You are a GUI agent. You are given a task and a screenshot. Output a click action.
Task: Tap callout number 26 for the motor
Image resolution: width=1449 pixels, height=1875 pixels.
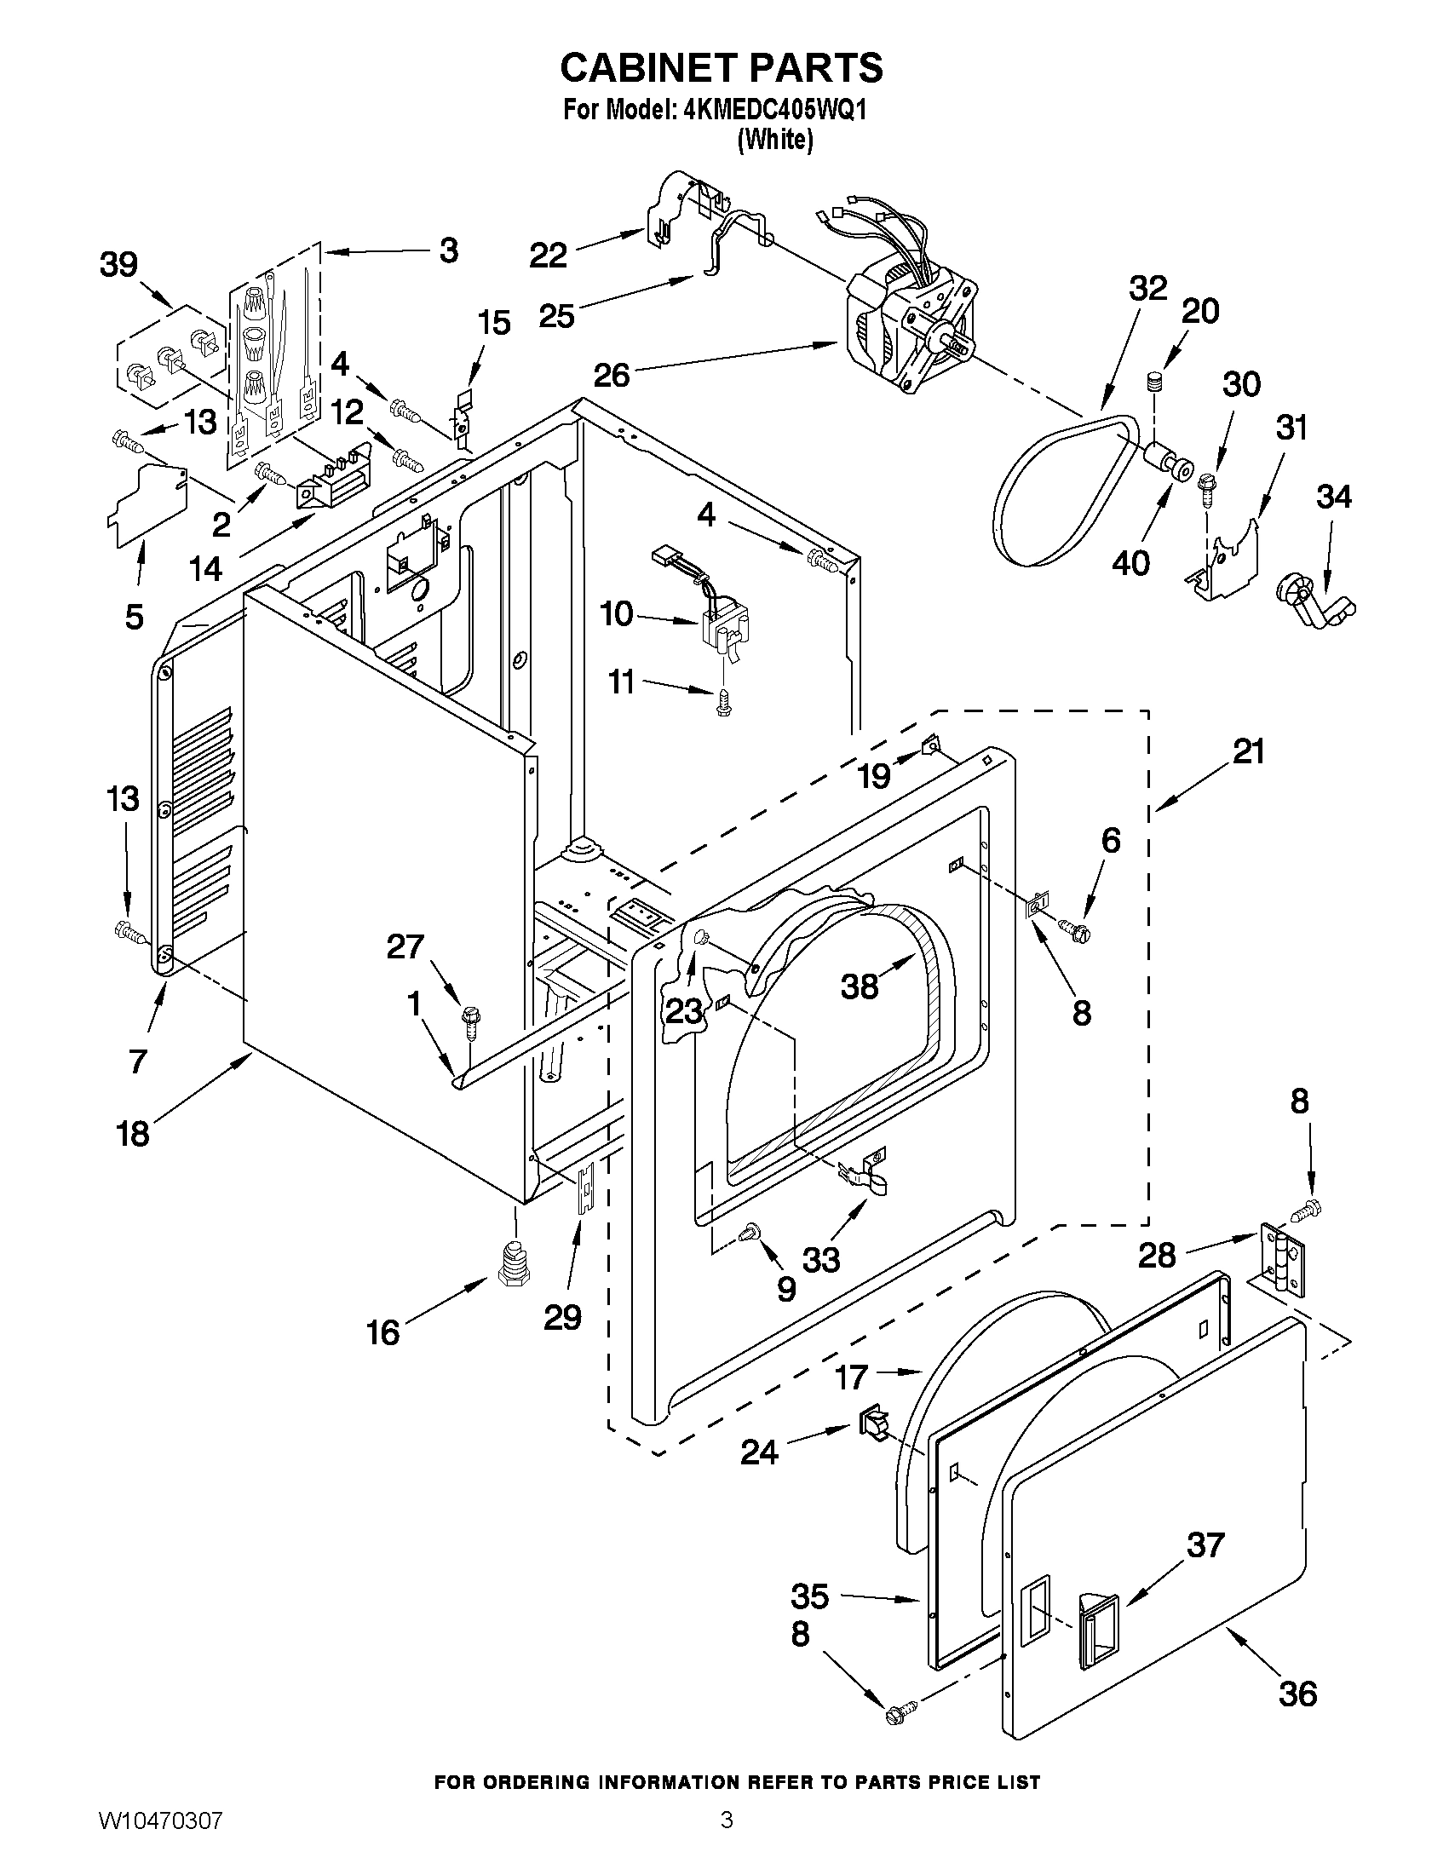[x=612, y=375]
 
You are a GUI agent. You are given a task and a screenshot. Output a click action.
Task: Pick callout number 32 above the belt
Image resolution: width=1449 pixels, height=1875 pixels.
[x=1147, y=289]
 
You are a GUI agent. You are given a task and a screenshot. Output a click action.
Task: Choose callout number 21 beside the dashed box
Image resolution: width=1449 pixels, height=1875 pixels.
[x=1248, y=752]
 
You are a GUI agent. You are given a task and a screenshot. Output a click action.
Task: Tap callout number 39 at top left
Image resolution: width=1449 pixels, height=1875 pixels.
[x=118, y=265]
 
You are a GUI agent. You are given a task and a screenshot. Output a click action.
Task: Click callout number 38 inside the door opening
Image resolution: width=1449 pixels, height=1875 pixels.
[x=860, y=986]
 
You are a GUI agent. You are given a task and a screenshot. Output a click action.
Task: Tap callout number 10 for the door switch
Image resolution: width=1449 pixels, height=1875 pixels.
[x=617, y=614]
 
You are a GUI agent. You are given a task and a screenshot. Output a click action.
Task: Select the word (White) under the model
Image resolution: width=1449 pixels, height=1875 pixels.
[x=774, y=139]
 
